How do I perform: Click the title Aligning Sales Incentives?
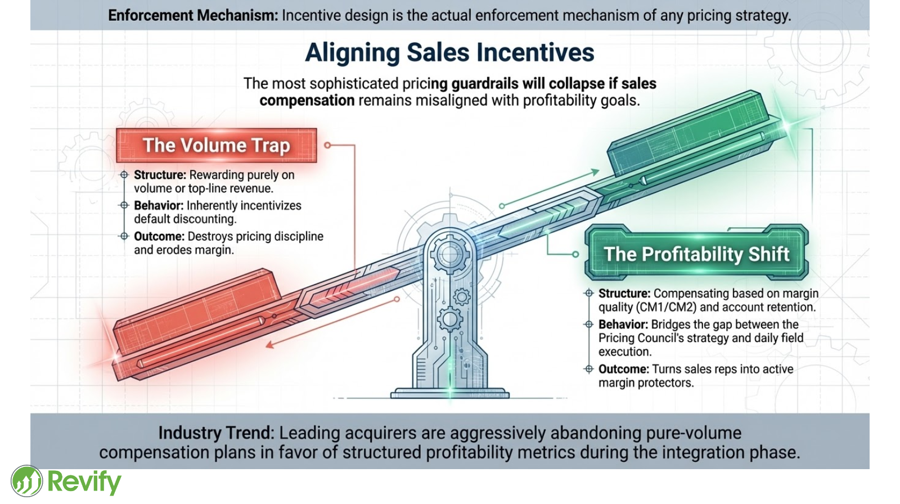click(x=449, y=53)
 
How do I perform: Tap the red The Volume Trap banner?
click(x=217, y=146)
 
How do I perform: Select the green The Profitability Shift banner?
click(x=696, y=254)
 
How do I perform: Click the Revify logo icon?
click(x=26, y=481)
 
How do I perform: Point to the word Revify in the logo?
click(x=84, y=482)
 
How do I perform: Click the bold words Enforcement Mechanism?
click(x=193, y=15)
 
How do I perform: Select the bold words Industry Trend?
click(x=216, y=433)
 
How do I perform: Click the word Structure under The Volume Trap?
click(x=160, y=175)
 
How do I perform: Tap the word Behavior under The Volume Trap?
click(x=159, y=206)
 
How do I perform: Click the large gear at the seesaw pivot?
click(x=450, y=255)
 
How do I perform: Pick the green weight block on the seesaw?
click(x=689, y=135)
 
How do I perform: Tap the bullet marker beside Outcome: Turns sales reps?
click(x=589, y=369)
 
